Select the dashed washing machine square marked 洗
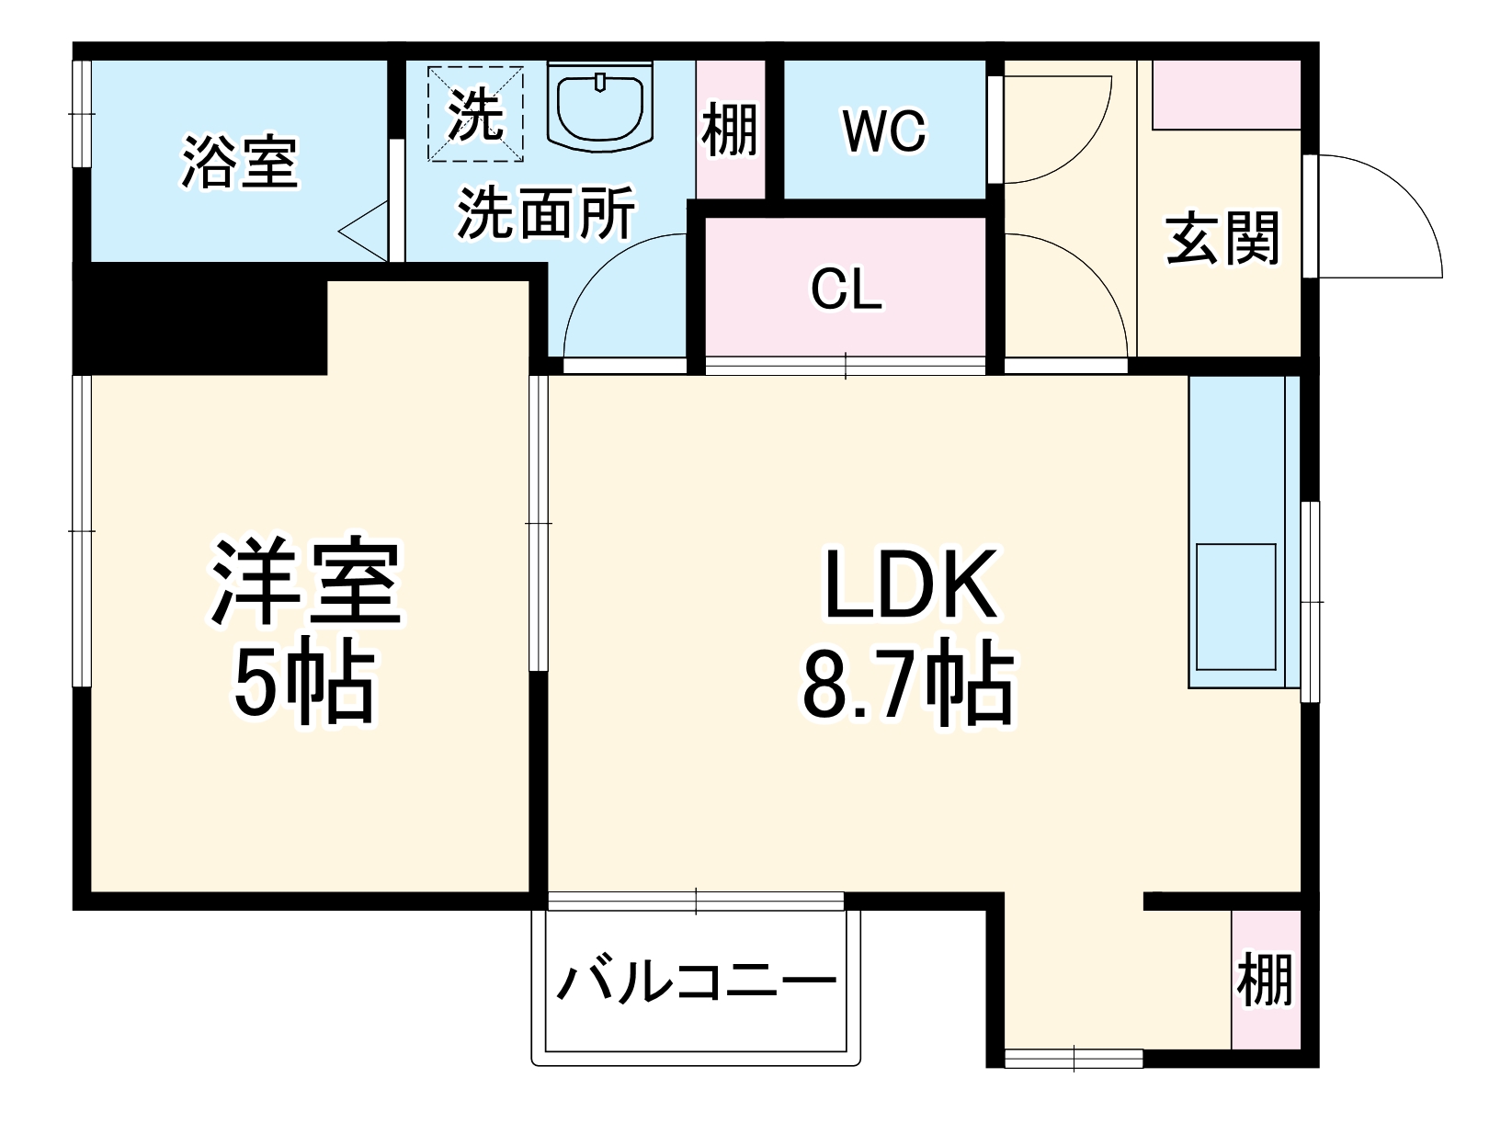pyautogui.click(x=475, y=113)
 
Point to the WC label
pyautogui.click(x=884, y=131)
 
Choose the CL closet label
pyautogui.click(x=846, y=290)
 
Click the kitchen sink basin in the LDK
pyautogui.click(x=1235, y=607)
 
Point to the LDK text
pyautogui.click(x=910, y=584)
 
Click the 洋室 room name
pyautogui.click(x=306, y=584)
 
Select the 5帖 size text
pyautogui.click(x=304, y=685)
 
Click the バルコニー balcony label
pyautogui.click(x=696, y=985)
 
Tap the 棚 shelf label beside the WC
pyautogui.click(x=730, y=130)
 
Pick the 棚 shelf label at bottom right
pyautogui.click(x=1265, y=980)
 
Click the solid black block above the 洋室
pyautogui.click(x=200, y=320)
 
